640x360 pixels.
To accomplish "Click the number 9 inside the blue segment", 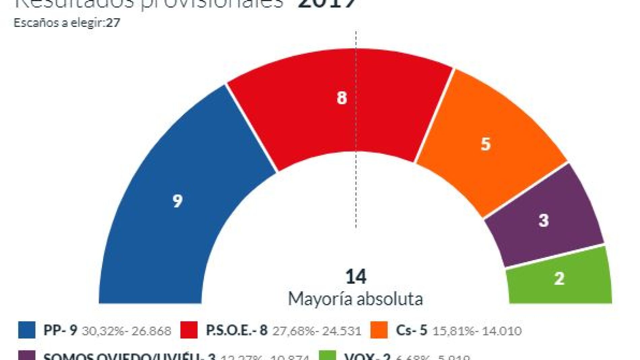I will pos(178,201).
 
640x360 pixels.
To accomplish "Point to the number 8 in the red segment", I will pos(342,98).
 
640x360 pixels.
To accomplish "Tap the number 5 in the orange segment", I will pos(485,144).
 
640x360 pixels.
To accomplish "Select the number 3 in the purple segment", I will pos(544,221).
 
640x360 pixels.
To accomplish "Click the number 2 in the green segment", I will pos(559,279).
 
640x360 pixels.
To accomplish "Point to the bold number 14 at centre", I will pos(356,276).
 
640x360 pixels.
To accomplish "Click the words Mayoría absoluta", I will pos(356,299).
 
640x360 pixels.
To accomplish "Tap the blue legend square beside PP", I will pos(27,330).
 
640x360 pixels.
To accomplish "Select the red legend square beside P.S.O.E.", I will pos(189,330).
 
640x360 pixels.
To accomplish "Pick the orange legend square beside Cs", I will pos(379,330).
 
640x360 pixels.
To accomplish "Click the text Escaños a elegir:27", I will pos(67,23).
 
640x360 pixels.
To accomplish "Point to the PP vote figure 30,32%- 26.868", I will pos(127,331).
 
